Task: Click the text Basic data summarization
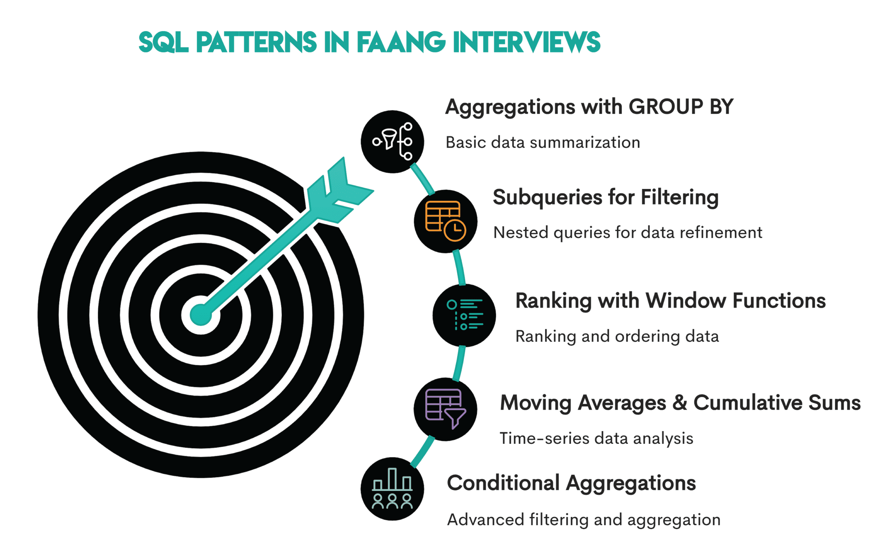tap(542, 142)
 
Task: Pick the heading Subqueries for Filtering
tap(605, 197)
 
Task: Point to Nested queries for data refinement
tap(627, 232)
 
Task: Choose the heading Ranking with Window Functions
tap(670, 301)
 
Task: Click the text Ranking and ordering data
tap(617, 336)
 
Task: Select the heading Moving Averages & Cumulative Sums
tap(680, 402)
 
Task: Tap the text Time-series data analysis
tap(596, 438)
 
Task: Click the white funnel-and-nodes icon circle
tap(392, 141)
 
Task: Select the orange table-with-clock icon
tap(446, 221)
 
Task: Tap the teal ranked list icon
tap(464, 315)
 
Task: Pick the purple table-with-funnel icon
tap(446, 409)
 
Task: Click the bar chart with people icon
tap(392, 489)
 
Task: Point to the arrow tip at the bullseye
tap(201, 315)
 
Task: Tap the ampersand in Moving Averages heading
tap(680, 402)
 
